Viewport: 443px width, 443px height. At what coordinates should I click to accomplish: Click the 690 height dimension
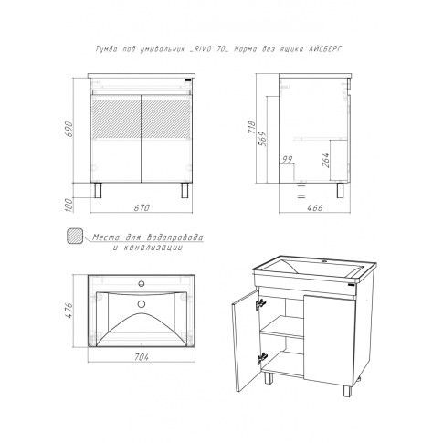(69, 129)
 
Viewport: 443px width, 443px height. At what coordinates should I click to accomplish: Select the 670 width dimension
(142, 207)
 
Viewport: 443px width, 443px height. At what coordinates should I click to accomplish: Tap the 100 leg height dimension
(69, 206)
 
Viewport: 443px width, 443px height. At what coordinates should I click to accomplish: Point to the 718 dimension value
(251, 128)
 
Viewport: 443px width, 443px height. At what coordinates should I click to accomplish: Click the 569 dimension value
(263, 139)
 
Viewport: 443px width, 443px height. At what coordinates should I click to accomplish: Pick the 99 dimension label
(287, 159)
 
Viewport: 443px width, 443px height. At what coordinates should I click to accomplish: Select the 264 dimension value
(325, 160)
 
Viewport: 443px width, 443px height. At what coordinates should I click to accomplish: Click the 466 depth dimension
(314, 207)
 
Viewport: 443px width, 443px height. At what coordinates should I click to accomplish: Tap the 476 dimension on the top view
(69, 311)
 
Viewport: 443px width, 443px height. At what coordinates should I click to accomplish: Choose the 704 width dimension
(142, 357)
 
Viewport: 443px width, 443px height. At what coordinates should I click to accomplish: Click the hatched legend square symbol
(75, 236)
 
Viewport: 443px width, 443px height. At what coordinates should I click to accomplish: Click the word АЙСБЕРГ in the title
(324, 49)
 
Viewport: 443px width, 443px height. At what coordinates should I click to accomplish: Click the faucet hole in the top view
(141, 283)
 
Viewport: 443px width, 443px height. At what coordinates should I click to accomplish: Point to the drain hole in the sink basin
(141, 303)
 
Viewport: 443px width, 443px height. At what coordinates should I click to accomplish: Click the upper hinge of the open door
(260, 304)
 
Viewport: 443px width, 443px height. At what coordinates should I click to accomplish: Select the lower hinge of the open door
(262, 358)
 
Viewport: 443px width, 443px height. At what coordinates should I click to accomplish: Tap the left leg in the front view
(98, 190)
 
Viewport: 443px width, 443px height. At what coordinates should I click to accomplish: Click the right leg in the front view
(185, 190)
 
